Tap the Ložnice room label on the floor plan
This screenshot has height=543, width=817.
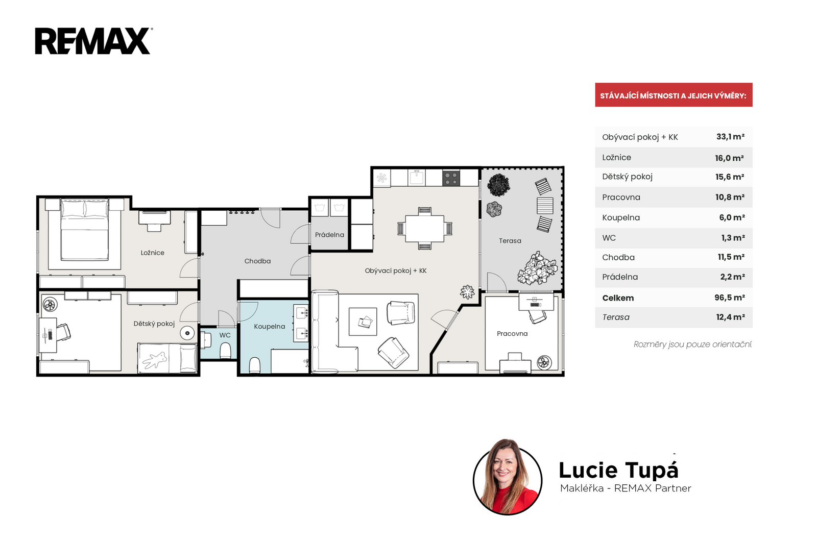click(x=153, y=253)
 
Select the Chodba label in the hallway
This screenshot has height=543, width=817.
click(x=257, y=261)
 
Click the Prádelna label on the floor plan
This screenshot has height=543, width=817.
click(x=329, y=235)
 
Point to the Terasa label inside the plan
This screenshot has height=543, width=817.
click(x=510, y=240)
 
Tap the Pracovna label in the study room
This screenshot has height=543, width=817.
click(x=512, y=333)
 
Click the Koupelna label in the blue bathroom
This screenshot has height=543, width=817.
click(x=270, y=326)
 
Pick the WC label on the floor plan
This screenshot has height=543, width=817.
click(x=225, y=335)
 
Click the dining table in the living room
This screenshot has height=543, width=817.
click(x=424, y=229)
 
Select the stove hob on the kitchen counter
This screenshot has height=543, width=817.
click(x=451, y=179)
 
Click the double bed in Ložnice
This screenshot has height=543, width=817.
click(x=85, y=229)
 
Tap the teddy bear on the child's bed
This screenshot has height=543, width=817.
click(x=155, y=360)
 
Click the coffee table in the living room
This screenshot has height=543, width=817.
click(x=363, y=322)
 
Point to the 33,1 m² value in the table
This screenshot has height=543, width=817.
click(x=730, y=137)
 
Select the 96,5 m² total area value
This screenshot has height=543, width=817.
click(x=730, y=298)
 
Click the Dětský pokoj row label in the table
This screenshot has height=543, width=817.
click(x=628, y=177)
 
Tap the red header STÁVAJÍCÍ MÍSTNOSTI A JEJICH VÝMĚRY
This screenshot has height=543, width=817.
click(x=674, y=95)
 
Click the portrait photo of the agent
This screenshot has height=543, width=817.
click(x=508, y=477)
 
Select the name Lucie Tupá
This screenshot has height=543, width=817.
click(x=618, y=470)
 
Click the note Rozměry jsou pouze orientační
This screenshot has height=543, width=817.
click(x=692, y=344)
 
